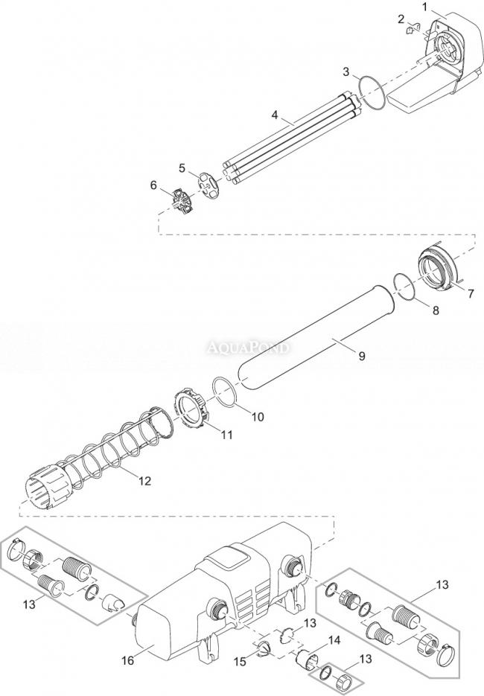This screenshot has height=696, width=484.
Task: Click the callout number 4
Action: pos(275,115)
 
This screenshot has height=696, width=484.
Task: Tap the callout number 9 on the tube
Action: pos(361,357)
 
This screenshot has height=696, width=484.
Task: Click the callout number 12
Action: pos(144,482)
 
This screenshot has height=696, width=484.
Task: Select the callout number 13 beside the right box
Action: pos(442,584)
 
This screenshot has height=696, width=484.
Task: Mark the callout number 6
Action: pos(154,185)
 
